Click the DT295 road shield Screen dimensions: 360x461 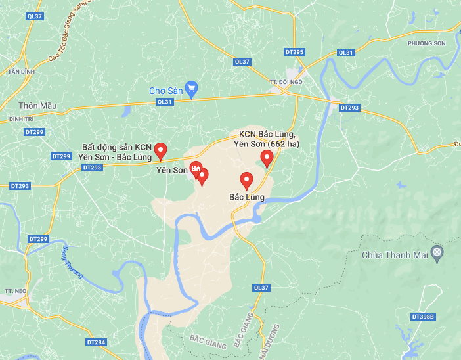[295, 51]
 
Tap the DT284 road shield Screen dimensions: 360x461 [96, 342]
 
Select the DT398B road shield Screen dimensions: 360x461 [424, 317]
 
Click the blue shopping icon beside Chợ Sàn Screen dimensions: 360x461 [192, 88]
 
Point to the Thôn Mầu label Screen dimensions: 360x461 [37, 106]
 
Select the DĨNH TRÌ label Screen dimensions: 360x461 [20, 118]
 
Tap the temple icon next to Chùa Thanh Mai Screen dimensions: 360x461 [437, 253]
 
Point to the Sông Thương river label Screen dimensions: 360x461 [72, 262]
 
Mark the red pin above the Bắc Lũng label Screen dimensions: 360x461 [247, 179]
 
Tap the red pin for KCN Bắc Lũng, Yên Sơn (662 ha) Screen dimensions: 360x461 [267, 158]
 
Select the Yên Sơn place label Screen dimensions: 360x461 [171, 169]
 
